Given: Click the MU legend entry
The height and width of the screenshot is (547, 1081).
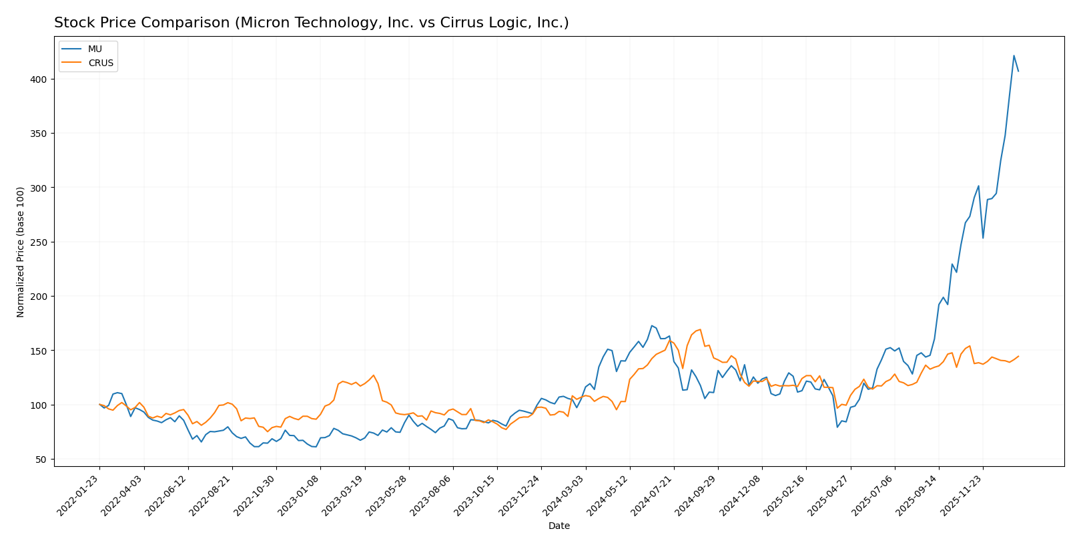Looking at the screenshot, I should coord(95,49).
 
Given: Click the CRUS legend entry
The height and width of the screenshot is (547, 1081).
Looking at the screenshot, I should coord(101,63).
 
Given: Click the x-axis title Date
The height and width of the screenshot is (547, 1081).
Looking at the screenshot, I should coord(559,526).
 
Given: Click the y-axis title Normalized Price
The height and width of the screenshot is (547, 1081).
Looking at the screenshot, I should coord(21,252).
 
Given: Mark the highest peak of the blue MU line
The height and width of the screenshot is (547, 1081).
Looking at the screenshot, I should coord(1014,55).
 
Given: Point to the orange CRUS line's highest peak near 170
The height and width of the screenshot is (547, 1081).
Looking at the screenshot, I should coord(699,329).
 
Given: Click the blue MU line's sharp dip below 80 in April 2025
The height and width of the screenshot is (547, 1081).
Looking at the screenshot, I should coord(837,427).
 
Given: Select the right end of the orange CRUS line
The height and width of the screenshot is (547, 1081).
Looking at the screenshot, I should coord(1018,356).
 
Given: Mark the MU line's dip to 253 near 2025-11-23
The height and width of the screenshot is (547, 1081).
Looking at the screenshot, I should coord(983,238).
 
